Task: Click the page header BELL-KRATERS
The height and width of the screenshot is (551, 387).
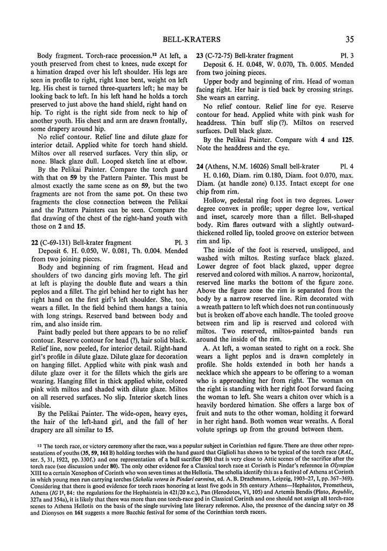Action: point(193,38)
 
